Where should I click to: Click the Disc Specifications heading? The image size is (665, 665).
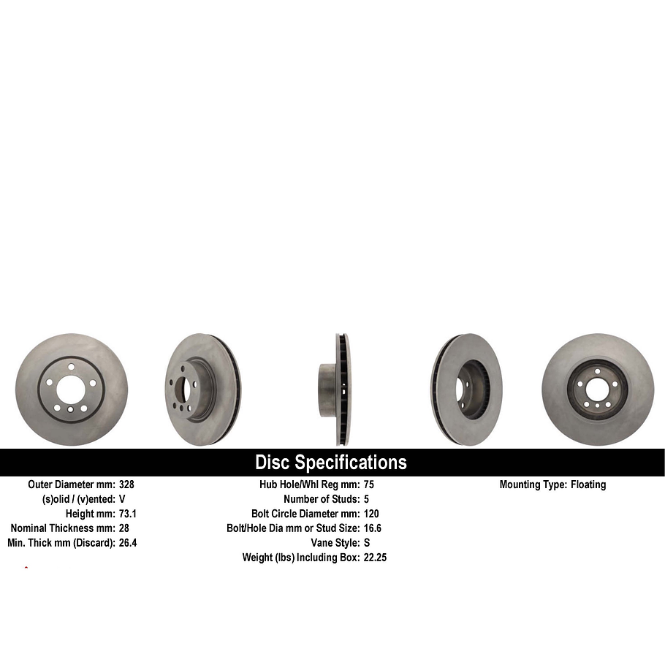330,463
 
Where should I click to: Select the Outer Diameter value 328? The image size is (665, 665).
126,484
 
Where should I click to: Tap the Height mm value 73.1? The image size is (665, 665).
128,514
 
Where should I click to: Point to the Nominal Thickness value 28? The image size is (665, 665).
123,528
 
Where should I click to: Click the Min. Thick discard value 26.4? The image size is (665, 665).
128,543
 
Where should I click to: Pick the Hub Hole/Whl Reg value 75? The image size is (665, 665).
368,484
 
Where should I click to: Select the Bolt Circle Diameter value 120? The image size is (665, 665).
371,514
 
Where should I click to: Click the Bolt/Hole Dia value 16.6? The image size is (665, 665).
372,528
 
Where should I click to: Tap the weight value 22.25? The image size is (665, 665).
375,558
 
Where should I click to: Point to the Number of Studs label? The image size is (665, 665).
322,499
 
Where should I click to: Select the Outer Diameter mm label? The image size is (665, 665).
72,484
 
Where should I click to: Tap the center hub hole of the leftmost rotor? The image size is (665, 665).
70,390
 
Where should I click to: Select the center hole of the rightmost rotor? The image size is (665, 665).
597,389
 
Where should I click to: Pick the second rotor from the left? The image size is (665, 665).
203,389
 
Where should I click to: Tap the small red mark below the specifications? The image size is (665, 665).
26,568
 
